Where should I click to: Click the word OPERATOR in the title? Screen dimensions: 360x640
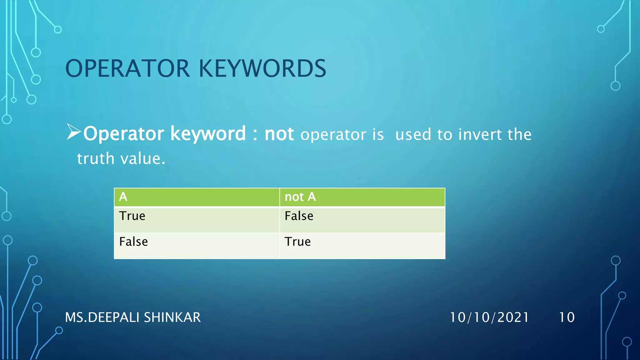tap(127, 68)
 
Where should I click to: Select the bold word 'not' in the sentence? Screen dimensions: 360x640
tap(279, 134)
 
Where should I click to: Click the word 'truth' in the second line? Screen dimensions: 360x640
tap(96, 158)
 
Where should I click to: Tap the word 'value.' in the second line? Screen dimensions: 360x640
tap(143, 158)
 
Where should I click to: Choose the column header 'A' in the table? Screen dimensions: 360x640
tap(123, 197)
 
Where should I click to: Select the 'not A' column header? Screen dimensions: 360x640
tap(300, 197)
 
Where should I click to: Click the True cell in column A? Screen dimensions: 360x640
tap(132, 216)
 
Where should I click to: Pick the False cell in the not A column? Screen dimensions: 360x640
tap(299, 216)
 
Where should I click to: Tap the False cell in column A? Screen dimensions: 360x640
tap(133, 242)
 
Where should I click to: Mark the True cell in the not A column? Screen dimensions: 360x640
tap(297, 242)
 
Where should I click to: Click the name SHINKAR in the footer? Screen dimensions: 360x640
tap(172, 317)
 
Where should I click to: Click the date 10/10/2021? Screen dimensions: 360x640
tap(489, 317)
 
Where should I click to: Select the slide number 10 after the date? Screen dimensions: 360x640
tap(567, 317)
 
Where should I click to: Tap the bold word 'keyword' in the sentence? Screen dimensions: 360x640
tap(208, 134)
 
